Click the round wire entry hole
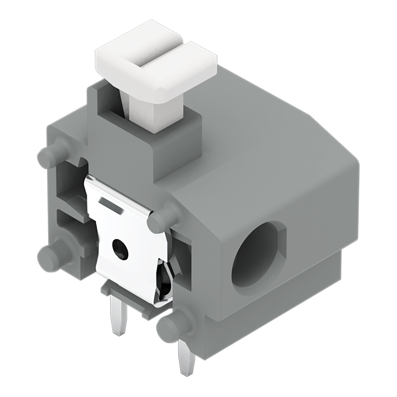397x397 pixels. coord(258,258)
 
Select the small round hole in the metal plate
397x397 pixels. coord(120,249)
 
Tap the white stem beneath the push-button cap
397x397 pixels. coord(155,113)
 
